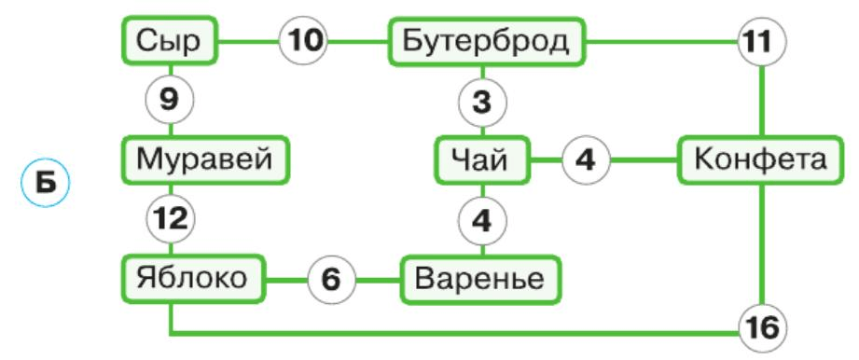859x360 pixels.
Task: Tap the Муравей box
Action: (205, 159)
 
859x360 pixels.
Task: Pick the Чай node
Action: (482, 159)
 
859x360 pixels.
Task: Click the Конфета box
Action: (760, 159)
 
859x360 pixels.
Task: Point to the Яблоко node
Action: (192, 278)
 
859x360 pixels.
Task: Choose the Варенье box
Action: (482, 278)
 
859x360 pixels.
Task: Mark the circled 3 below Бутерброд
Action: (482, 102)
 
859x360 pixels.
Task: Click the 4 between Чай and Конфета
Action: (585, 159)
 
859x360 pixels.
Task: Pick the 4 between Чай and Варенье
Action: (482, 220)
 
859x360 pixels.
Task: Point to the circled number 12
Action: (170, 220)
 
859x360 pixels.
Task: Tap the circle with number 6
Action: (332, 278)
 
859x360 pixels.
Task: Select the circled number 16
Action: (762, 329)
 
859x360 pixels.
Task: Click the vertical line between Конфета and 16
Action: (762, 242)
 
